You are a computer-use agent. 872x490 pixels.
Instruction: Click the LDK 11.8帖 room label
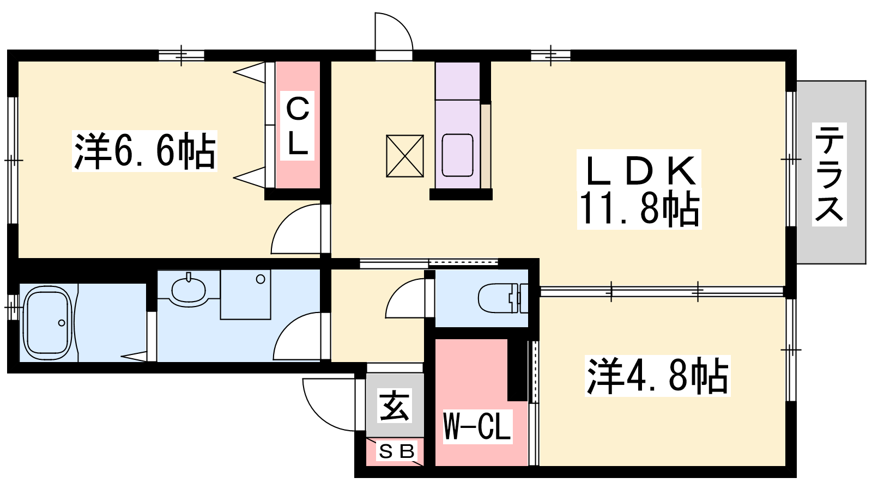639,189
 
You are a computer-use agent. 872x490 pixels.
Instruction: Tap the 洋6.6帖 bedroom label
145,151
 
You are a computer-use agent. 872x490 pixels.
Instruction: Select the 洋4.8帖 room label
657,376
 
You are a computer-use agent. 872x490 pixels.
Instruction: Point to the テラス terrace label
829,174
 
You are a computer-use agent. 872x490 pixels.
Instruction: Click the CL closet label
298,126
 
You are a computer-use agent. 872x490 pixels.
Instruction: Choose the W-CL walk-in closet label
477,427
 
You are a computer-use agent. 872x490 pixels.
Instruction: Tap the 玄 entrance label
395,406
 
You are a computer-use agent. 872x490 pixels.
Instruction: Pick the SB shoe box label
396,451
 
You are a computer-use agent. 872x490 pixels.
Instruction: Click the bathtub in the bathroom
49,323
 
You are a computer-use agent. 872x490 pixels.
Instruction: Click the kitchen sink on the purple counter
457,155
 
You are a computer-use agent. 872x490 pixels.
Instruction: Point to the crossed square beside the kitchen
405,156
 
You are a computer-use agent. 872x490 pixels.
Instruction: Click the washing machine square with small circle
245,295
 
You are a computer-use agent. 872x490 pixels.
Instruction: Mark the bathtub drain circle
62,323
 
